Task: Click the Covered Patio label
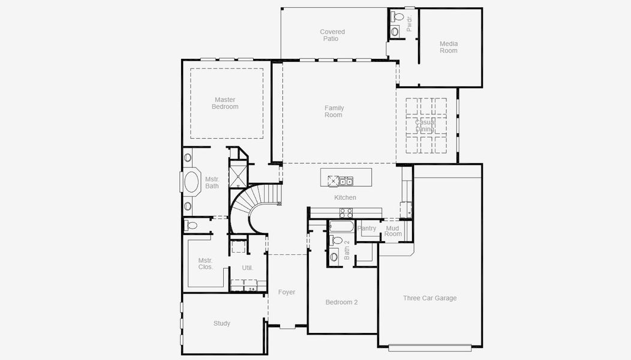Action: point(332,35)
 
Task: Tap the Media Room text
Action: point(449,47)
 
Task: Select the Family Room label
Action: point(333,112)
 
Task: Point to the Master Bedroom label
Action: point(225,103)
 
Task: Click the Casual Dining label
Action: point(425,125)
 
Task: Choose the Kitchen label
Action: point(345,197)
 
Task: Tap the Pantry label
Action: point(366,229)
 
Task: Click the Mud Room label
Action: point(393,231)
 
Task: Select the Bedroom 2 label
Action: point(341,302)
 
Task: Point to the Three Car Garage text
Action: point(429,298)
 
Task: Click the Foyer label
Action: point(287,292)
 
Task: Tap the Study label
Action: point(222,323)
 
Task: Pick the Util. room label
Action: point(247,268)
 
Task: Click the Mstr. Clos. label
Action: point(206,263)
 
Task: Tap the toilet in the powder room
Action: point(398,17)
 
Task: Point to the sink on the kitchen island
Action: point(345,181)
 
